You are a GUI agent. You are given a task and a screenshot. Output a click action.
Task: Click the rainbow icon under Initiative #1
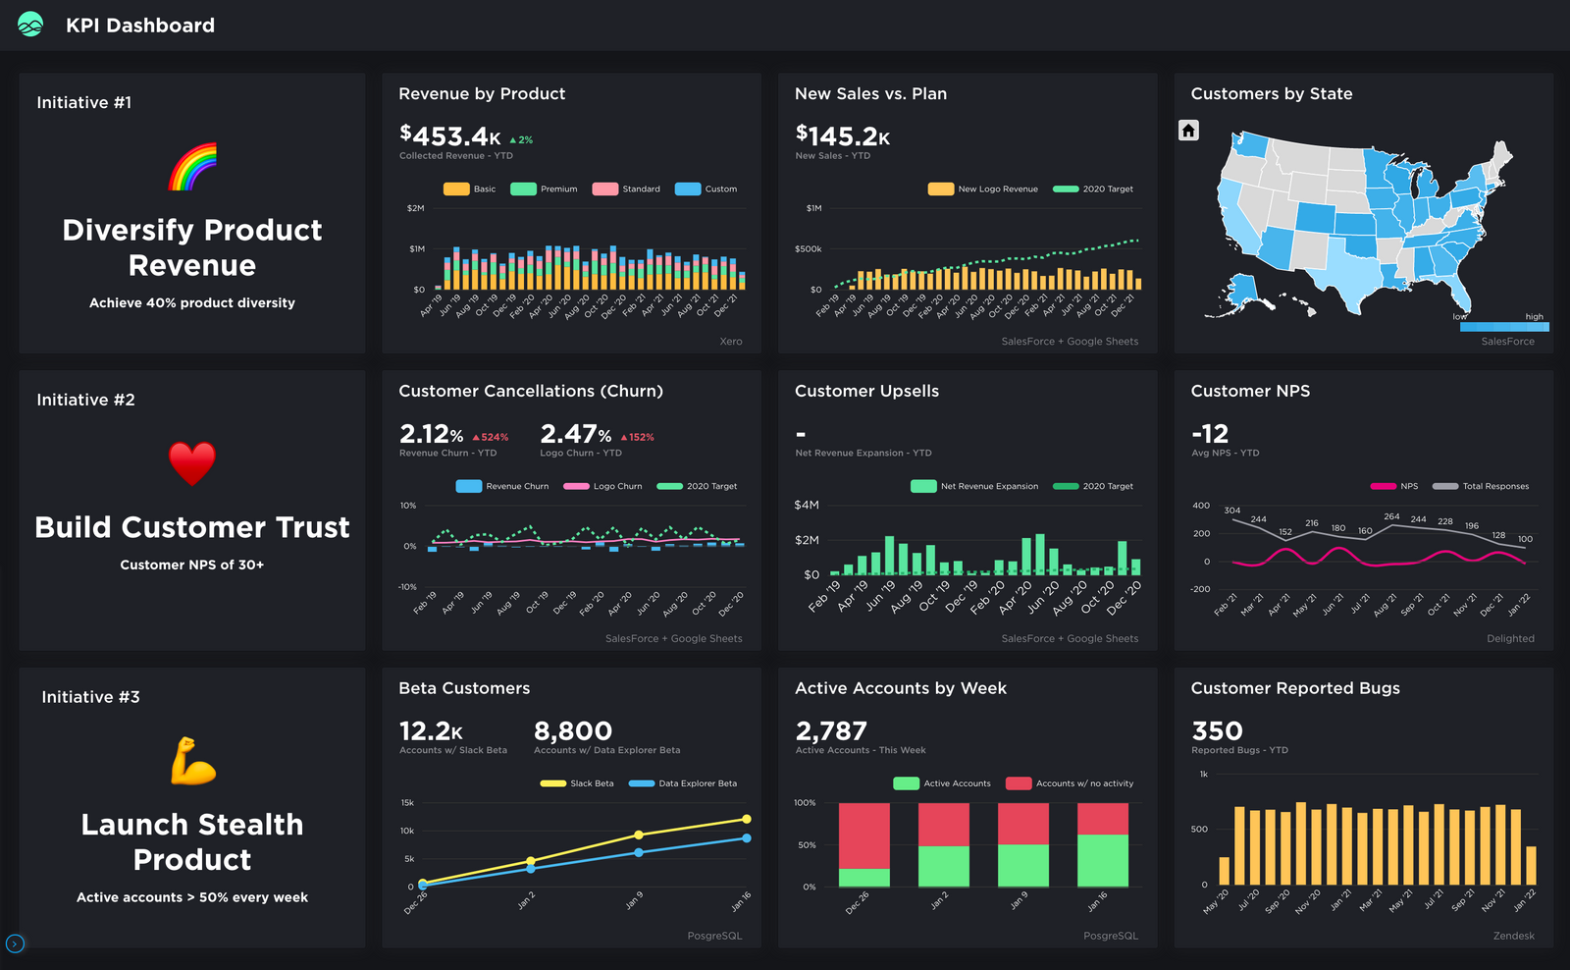click(192, 167)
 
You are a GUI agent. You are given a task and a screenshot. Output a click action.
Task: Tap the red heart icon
click(192, 463)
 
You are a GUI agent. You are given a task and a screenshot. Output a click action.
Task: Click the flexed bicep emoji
click(192, 761)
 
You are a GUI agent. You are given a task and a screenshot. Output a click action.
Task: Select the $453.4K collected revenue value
click(450, 136)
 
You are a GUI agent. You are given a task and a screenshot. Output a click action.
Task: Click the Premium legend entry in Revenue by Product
click(545, 189)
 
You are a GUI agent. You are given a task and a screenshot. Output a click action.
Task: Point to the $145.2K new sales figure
click(843, 135)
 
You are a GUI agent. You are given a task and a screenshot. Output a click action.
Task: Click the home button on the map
click(1188, 131)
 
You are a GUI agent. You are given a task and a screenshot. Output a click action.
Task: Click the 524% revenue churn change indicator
click(491, 437)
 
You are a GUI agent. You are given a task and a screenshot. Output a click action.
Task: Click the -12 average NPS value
click(1210, 433)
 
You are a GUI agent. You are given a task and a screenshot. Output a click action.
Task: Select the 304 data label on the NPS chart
click(1232, 511)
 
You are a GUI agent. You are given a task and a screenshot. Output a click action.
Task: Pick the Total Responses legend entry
click(1481, 486)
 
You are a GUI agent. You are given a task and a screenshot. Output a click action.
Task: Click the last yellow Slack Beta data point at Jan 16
click(747, 819)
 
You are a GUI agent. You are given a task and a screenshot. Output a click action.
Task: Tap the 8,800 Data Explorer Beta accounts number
click(573, 731)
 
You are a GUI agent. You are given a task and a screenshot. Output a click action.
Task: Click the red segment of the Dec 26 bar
click(864, 835)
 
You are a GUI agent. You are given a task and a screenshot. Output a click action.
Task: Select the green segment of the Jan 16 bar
click(1103, 861)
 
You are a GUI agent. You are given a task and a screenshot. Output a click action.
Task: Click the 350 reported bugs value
click(1217, 731)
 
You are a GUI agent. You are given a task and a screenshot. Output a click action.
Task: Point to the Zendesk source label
click(1513, 936)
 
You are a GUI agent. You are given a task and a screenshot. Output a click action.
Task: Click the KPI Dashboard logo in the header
click(30, 25)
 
